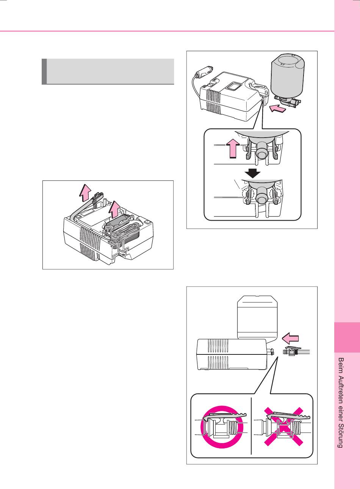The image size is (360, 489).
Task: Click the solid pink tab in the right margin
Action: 347,337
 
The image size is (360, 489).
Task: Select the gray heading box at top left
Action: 108,71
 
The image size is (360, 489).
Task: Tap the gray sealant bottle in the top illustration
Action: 288,76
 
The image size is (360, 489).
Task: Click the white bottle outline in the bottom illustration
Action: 258,317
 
